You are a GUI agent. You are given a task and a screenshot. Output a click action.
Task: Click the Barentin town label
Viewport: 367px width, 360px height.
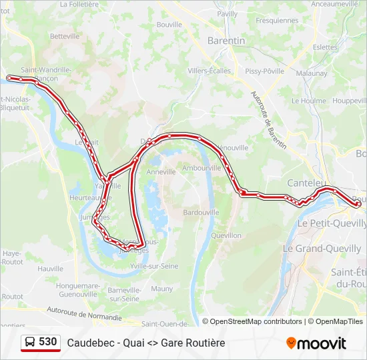point(226,41)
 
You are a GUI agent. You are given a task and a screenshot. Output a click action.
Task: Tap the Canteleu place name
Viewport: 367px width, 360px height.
point(306,182)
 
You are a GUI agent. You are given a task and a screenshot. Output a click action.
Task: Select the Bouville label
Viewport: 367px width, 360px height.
point(169,25)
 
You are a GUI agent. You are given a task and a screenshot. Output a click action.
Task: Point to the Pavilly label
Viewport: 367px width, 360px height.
point(227,13)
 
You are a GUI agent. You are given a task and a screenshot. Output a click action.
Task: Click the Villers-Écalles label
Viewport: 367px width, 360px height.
point(209,71)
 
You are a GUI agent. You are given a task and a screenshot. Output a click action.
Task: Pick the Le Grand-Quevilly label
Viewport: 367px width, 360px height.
point(322,249)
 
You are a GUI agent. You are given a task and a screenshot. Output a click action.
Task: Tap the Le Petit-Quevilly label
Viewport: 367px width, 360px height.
point(329,224)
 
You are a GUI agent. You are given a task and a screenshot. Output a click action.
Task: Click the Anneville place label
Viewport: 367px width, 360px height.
point(160,171)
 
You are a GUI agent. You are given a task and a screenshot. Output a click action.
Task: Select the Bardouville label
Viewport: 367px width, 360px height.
point(201,213)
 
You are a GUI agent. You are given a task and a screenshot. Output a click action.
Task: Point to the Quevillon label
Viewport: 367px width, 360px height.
point(226,235)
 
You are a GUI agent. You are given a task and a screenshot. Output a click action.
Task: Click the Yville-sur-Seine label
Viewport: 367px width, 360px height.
point(154,266)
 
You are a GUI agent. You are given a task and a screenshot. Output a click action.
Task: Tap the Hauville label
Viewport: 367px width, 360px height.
point(51,269)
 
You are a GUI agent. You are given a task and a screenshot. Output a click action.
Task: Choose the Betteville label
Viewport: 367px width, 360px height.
point(65,36)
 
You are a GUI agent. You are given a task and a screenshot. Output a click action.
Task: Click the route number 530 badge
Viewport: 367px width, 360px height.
point(47,342)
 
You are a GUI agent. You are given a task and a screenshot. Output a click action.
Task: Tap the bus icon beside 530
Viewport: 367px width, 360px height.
point(30,343)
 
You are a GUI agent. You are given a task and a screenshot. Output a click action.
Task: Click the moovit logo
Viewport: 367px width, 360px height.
point(316,343)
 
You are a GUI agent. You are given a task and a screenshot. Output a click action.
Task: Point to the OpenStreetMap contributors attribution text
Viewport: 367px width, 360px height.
point(256,321)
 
